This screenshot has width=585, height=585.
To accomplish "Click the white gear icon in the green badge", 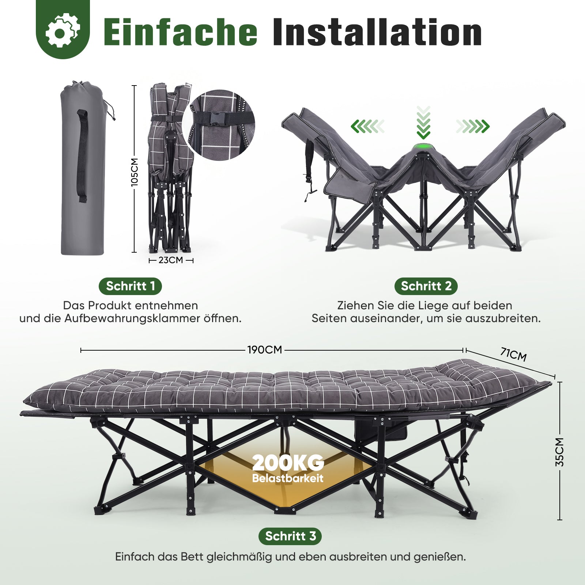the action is point(63,30).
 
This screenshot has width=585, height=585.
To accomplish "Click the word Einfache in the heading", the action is point(181,32).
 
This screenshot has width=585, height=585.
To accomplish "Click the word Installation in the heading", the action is point(377,32).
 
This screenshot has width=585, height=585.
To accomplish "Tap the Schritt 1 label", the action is point(131,286).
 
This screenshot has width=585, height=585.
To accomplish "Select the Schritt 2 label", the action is point(426,286).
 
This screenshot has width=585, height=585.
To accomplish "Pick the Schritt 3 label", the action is point(290,536).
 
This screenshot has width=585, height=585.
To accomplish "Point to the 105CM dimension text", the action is point(135,172).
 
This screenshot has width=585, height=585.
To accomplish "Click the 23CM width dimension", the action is point(171,260).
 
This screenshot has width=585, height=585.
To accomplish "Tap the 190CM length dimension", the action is point(265,350).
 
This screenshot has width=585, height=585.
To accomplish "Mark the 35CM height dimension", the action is point(560,452).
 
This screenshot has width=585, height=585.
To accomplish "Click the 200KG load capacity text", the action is point(288,463).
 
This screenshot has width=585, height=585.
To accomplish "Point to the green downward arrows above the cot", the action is point(423,122).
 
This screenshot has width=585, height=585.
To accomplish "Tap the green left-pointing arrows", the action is point(367,127).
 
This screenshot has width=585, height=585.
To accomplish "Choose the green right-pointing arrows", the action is point(473,127).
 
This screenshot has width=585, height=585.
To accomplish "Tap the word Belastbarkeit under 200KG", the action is point(288,478).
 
